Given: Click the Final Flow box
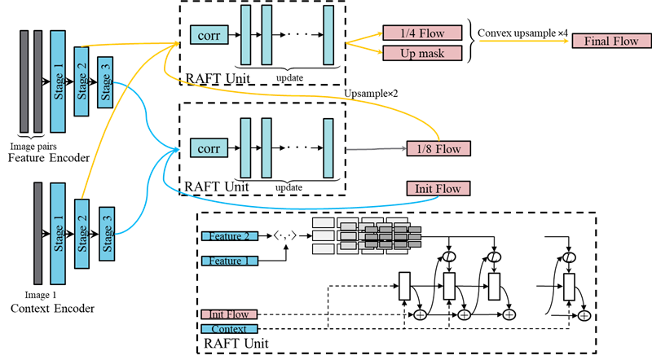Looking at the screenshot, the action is click(611, 41).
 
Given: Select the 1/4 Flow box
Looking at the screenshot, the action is click(422, 33).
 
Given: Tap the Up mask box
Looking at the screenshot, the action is click(422, 53).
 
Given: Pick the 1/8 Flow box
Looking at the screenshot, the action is click(438, 148).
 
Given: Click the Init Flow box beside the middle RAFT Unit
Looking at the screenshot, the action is click(438, 188).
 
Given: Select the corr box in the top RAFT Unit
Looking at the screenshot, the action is click(209, 35).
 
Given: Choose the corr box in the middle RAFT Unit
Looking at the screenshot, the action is click(209, 148).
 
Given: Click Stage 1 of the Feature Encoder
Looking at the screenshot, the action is click(58, 81).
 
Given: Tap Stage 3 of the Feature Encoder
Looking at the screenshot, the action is click(105, 82).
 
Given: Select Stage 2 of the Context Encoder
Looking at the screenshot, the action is click(81, 234).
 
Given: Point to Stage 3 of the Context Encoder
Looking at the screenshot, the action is click(107, 234).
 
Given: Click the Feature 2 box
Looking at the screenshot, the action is click(230, 236).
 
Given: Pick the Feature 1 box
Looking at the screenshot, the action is click(230, 261).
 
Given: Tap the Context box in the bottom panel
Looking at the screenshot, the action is click(229, 329).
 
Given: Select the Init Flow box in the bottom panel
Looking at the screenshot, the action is click(229, 314).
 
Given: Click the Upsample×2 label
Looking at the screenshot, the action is click(371, 94).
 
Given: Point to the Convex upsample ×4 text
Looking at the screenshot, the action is click(522, 33).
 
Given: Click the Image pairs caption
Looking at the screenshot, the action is click(33, 147).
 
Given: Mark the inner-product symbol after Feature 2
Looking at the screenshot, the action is click(284, 236).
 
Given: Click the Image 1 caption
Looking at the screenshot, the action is click(40, 295).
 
